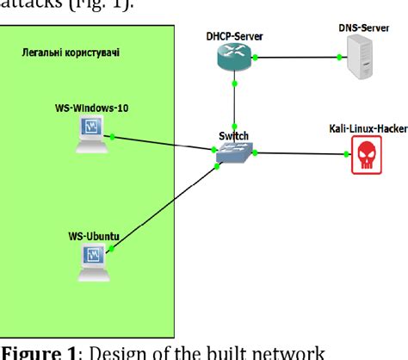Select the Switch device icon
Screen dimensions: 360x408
point(234,152)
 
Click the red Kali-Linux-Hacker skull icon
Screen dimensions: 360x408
point(366,158)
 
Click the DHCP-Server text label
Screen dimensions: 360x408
point(234,35)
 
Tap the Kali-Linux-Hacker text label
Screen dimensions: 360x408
point(368,128)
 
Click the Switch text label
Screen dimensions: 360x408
point(234,136)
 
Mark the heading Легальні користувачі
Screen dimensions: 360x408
point(71,53)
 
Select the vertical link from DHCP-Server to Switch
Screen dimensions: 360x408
point(234,108)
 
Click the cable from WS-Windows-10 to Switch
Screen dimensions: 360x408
point(164,143)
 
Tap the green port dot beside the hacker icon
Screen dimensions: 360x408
point(347,155)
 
